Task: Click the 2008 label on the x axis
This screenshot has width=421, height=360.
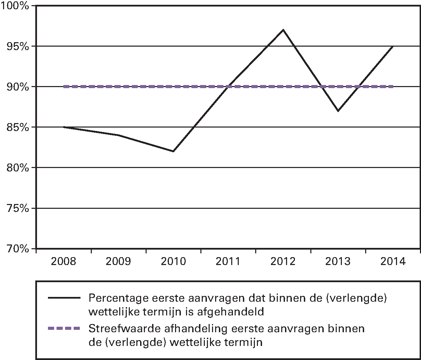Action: click(64, 262)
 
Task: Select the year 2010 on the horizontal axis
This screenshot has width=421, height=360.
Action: click(173, 262)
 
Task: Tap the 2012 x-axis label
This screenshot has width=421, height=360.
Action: click(283, 262)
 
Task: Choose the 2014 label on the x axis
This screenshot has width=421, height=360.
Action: click(393, 262)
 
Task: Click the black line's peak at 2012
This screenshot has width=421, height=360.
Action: click(283, 30)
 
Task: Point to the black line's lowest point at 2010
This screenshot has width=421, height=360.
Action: click(173, 151)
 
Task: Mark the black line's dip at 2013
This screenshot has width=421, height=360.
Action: click(338, 111)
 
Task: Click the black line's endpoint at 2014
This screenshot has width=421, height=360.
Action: click(393, 46)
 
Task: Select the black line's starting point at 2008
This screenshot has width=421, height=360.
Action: click(64, 127)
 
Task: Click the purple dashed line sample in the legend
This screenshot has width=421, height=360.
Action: click(64, 328)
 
